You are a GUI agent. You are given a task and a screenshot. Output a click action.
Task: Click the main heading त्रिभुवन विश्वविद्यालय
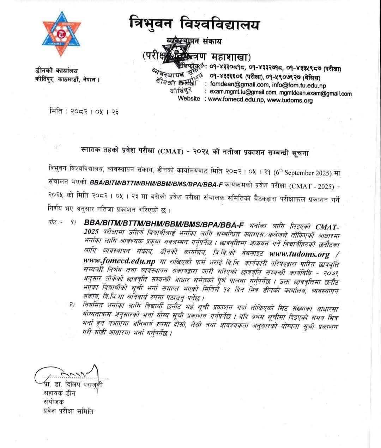[x=194, y=25]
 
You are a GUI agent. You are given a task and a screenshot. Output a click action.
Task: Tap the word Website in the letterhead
[x=189, y=99]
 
